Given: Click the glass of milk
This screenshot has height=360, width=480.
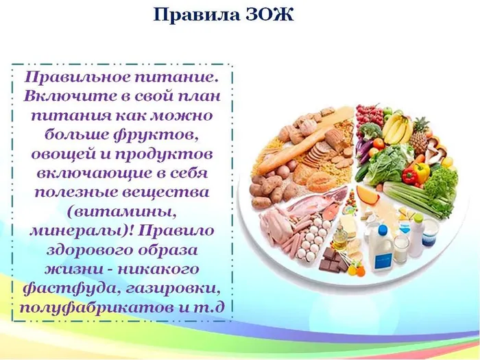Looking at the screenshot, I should pyautogui.click(x=400, y=247).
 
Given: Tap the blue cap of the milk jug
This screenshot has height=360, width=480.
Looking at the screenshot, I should pyautogui.click(x=379, y=224).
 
